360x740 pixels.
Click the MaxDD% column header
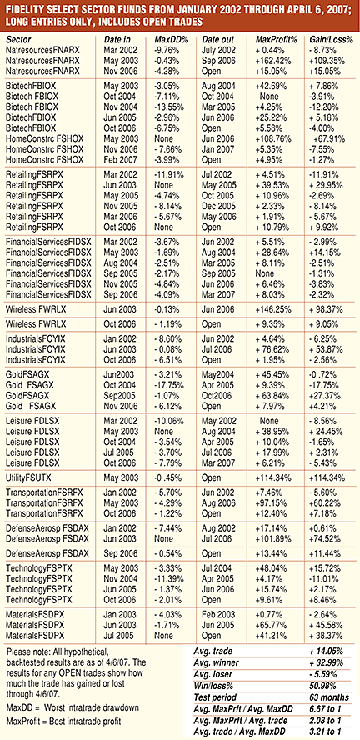pos(172,40)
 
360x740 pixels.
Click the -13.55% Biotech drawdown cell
pos(170,107)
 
